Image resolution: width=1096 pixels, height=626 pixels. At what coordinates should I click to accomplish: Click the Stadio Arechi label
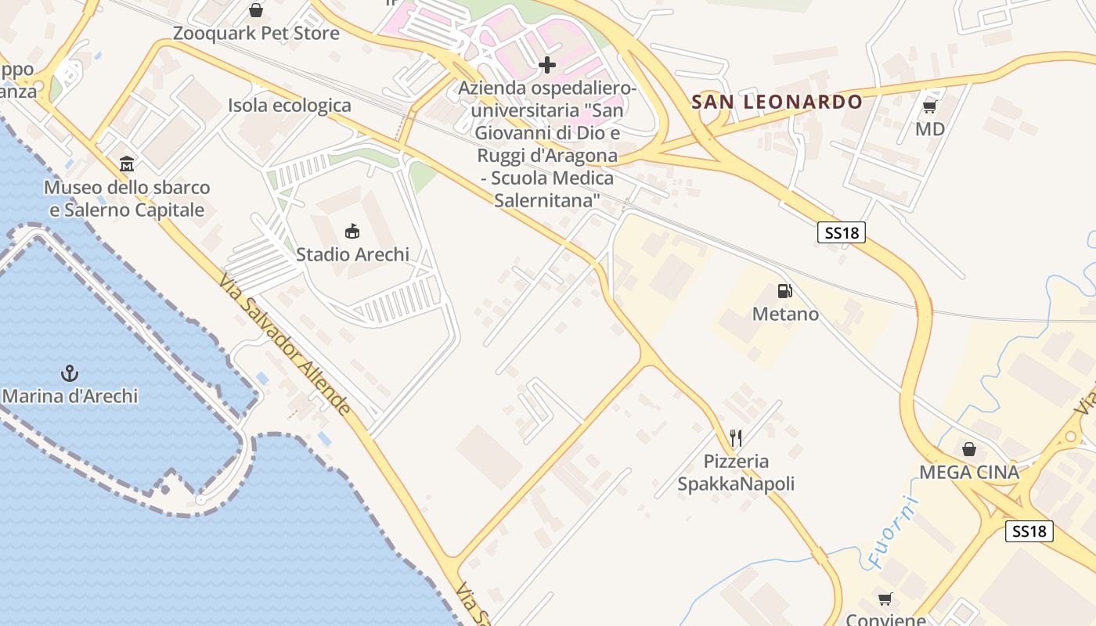(x=352, y=254)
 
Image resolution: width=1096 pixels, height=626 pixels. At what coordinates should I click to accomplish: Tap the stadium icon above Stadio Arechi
(x=352, y=231)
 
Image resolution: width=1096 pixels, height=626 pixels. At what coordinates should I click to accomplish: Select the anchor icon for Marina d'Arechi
(x=70, y=373)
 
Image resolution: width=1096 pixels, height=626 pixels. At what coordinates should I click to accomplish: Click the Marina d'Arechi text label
(x=70, y=396)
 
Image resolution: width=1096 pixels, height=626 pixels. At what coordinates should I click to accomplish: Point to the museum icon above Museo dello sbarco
(x=127, y=164)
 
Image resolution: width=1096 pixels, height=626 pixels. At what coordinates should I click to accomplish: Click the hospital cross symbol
(x=547, y=64)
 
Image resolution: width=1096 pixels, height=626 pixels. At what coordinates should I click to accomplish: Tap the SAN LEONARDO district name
(x=777, y=102)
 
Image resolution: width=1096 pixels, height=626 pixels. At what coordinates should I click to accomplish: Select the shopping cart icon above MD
(x=929, y=106)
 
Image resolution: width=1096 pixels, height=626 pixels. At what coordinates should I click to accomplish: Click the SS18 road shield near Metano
(x=842, y=232)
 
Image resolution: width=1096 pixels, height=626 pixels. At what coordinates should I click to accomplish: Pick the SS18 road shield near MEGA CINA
(x=1029, y=531)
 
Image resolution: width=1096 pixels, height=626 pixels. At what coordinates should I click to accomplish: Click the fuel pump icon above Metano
(x=784, y=291)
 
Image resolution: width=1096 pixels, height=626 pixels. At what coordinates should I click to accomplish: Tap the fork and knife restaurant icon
(x=735, y=438)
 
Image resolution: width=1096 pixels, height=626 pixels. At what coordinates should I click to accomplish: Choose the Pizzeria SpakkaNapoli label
(x=736, y=473)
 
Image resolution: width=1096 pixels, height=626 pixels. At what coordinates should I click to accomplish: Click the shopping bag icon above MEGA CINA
(x=969, y=449)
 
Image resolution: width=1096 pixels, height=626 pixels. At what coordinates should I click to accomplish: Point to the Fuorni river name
(x=892, y=531)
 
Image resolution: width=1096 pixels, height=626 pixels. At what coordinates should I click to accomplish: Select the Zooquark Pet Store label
(x=256, y=34)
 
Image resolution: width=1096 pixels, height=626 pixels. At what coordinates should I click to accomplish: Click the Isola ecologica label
(x=290, y=106)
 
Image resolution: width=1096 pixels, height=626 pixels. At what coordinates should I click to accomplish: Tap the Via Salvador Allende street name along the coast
(x=285, y=345)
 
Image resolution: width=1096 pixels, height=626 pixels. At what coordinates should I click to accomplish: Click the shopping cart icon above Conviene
(x=885, y=599)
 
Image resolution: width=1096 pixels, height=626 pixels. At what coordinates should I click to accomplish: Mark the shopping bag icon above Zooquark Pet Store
(x=256, y=10)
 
